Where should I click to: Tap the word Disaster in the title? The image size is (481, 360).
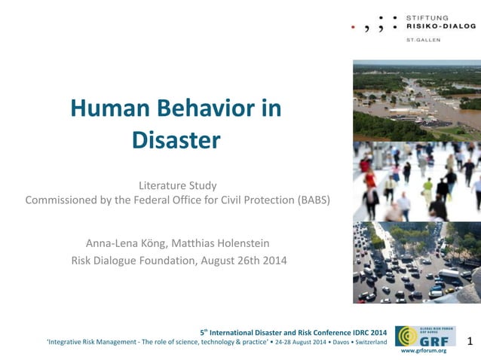176,140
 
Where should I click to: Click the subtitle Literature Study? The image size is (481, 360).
177,185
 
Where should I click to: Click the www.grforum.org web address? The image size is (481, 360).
423,351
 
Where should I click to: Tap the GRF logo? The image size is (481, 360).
423,335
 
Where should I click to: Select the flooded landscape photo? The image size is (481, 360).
416,100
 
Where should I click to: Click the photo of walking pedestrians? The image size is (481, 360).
416,182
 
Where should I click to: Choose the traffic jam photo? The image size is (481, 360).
416,262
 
